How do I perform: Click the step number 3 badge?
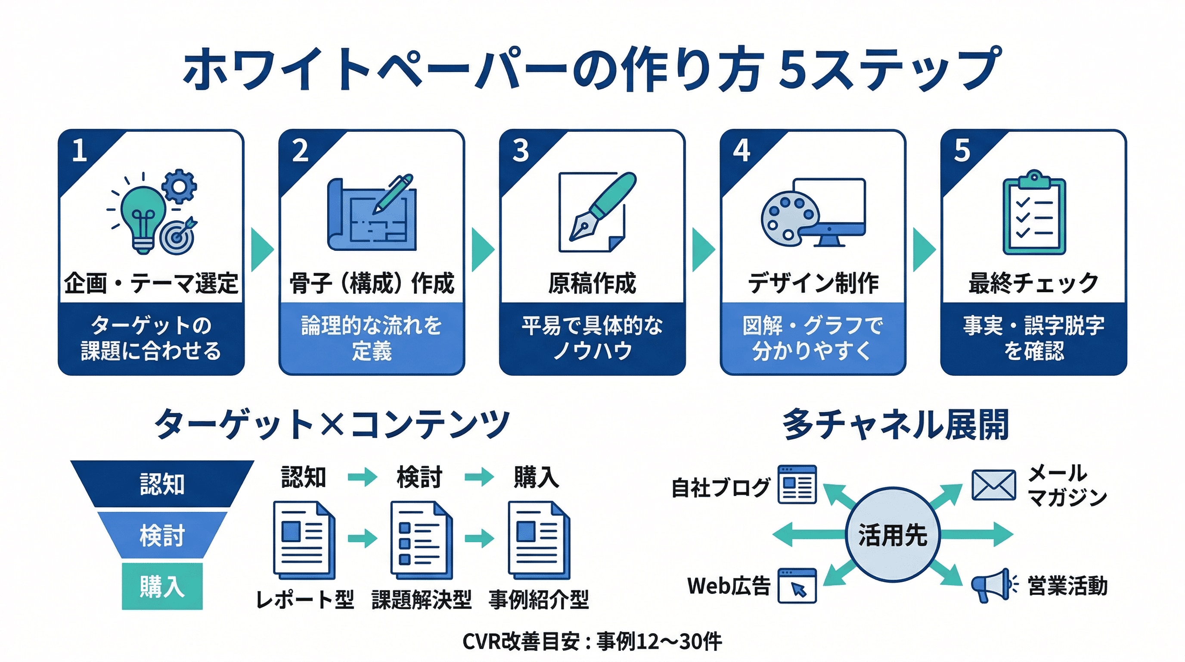pos(521,150)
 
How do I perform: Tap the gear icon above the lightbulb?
pos(180,186)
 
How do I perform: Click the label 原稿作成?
pos(592,283)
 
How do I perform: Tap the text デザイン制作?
pos(813,283)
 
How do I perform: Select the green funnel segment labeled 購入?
pos(162,586)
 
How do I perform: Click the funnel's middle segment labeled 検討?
pos(162,535)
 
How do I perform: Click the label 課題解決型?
pos(422,600)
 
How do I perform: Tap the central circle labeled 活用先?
pos(893,535)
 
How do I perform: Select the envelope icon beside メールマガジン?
pos(994,485)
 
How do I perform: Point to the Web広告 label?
pos(729,586)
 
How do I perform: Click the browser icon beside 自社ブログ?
pos(797,484)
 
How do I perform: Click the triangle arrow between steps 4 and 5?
pos(923,250)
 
